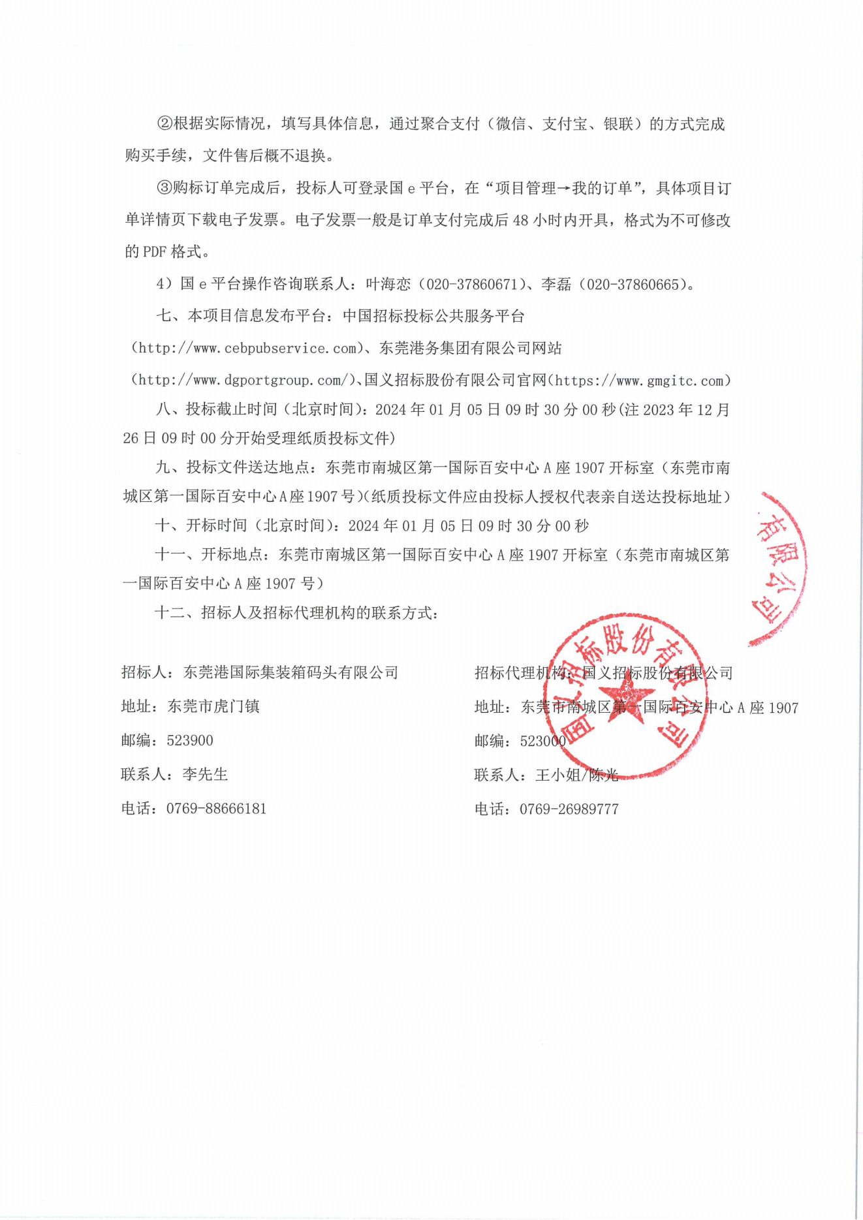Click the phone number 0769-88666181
(216, 809)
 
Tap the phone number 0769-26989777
(569, 809)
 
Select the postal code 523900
(190, 741)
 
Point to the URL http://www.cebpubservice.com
(247, 349)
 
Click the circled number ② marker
(164, 124)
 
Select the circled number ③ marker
(164, 189)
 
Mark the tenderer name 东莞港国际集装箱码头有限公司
(290, 672)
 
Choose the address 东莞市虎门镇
(213, 706)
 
